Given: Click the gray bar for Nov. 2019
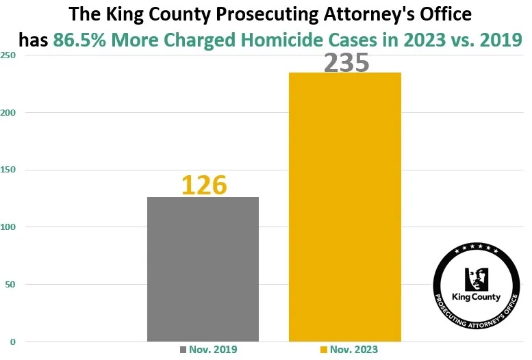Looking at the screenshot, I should [203, 269].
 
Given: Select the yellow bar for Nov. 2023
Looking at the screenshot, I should [344, 207].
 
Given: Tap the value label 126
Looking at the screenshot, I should [203, 185].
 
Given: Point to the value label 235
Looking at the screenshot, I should [346, 62].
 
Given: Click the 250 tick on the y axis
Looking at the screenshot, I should [10, 55].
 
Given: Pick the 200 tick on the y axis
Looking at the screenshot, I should [10, 113].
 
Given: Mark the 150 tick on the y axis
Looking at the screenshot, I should [10, 170].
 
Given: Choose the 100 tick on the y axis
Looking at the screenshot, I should [10, 227].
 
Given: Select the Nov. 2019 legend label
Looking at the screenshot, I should [213, 350].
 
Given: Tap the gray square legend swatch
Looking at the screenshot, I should [183, 350].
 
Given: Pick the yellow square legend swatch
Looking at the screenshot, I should [324, 350].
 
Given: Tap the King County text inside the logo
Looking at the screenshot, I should [477, 298].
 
